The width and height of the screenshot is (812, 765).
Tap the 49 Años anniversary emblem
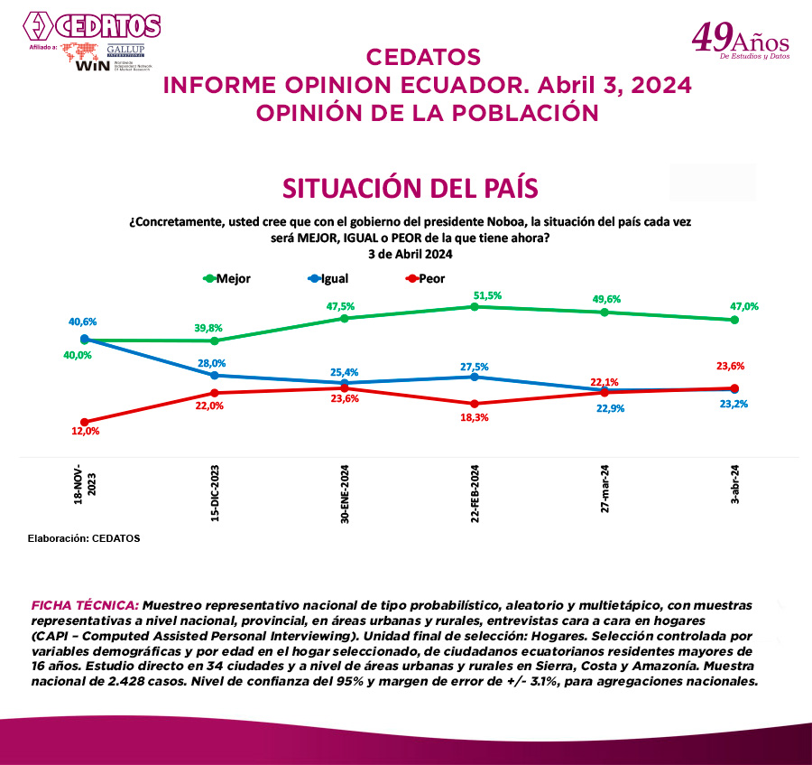(740, 42)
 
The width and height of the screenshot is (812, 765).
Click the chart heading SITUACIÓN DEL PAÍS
(411, 188)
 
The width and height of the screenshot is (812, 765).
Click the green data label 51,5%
(487, 295)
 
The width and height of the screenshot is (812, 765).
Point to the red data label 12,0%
(85, 432)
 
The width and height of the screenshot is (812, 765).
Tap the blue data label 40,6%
(82, 322)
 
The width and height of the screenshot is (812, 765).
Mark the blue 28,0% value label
(214, 362)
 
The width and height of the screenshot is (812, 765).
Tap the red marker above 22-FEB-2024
(475, 404)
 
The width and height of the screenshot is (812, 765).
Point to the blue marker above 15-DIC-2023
(215, 375)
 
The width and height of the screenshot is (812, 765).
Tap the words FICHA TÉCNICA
(85, 602)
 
